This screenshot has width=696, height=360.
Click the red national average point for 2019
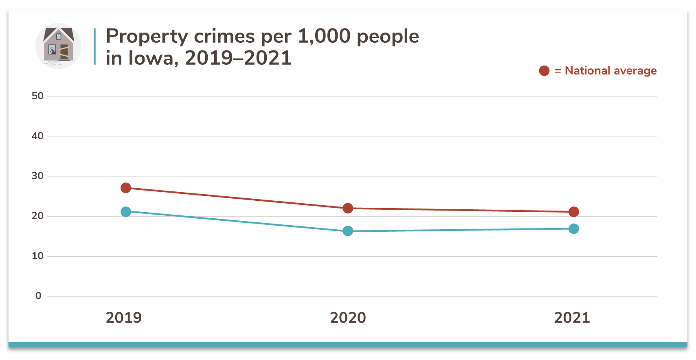(x=126, y=188)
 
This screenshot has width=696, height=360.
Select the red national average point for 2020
(x=348, y=208)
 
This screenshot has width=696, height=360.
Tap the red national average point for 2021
(x=573, y=212)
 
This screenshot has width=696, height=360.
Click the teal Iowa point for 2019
(x=126, y=212)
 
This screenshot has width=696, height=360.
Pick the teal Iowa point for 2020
(x=348, y=231)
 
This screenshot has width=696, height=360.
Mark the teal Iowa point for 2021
(x=573, y=229)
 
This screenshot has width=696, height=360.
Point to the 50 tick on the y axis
(x=37, y=96)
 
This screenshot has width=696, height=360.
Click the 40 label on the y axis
(x=37, y=136)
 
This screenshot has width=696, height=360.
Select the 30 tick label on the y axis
(x=37, y=176)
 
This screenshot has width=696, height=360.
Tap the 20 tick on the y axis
(x=37, y=216)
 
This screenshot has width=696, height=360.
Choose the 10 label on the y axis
(x=37, y=256)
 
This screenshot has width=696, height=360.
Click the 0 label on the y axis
(x=38, y=296)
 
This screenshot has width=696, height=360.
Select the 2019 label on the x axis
(x=124, y=318)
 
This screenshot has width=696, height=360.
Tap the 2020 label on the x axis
(x=348, y=318)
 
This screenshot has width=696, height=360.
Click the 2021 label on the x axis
(x=572, y=318)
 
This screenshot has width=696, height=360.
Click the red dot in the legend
(x=544, y=71)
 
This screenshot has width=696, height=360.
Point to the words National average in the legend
(x=610, y=71)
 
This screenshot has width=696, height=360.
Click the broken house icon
(x=58, y=46)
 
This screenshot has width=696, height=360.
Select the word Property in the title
(x=147, y=37)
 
